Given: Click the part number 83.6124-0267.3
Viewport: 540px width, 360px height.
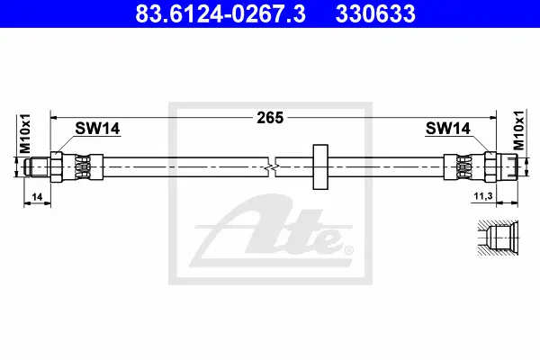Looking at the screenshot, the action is coord(220,13).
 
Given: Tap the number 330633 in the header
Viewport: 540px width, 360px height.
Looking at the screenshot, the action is coord(375,13).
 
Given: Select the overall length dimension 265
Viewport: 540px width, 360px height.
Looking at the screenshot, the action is coord(270,118).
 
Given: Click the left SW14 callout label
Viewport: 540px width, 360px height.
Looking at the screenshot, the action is coord(97,129).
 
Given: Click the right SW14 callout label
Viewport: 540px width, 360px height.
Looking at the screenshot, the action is coord(447,129).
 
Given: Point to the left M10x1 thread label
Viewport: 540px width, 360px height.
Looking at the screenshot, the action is coord(25,134).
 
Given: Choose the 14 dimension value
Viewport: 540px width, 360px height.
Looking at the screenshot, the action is coord(37,197).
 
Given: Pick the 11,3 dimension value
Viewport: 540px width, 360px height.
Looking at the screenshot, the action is coord(483,196).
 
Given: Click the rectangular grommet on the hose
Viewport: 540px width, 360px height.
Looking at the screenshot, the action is coord(320,166).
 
